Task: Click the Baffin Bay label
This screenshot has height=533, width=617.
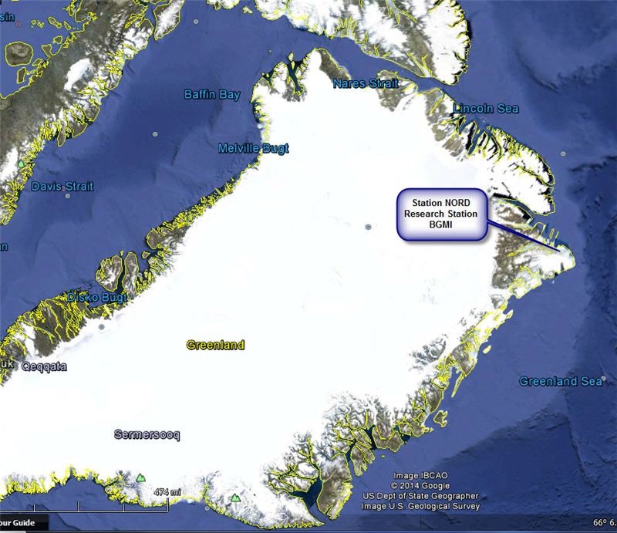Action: click(x=212, y=95)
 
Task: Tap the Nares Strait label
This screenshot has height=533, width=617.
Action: click(x=366, y=83)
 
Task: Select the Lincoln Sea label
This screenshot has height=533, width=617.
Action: click(x=486, y=109)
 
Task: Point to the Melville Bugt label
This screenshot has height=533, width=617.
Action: click(x=253, y=149)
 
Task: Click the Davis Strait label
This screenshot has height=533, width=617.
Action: click(x=62, y=187)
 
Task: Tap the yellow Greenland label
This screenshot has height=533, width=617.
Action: click(x=215, y=345)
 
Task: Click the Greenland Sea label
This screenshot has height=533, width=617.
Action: click(x=560, y=382)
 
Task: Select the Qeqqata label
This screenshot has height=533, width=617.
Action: click(x=44, y=367)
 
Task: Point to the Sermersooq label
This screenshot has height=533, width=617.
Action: click(x=147, y=435)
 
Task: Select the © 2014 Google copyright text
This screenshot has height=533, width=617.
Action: click(x=420, y=486)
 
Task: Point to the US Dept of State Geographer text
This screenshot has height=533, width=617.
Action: click(x=420, y=496)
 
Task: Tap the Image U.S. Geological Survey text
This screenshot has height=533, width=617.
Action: click(x=420, y=506)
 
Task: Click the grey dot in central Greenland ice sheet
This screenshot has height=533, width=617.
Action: click(x=368, y=227)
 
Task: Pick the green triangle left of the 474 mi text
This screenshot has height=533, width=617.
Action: click(x=140, y=478)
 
